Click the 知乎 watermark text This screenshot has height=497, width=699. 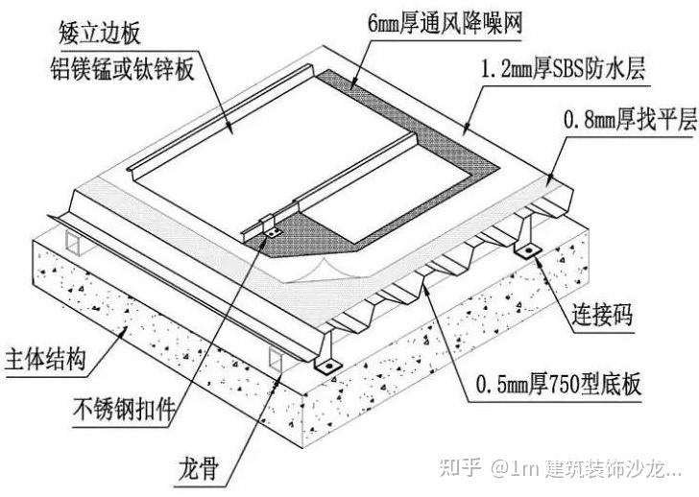(460, 468)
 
